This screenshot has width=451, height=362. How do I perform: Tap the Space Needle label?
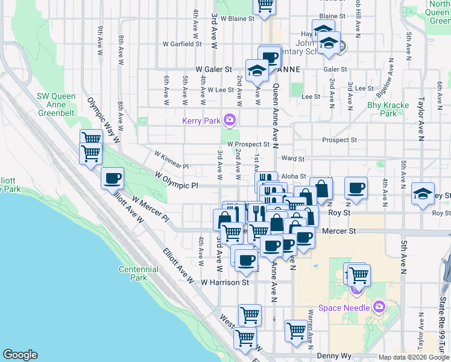347,308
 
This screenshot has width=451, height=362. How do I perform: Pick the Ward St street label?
292,159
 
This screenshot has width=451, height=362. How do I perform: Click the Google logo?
20,355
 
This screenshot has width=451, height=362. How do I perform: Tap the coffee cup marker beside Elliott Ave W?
113,179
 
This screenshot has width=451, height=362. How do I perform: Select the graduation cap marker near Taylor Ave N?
423,194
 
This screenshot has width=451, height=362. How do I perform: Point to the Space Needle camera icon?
379,307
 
